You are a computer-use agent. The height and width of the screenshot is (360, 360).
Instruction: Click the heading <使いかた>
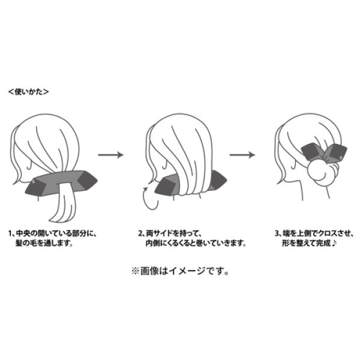(x=28, y=92)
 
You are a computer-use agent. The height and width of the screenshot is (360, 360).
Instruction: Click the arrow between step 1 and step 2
(x=110, y=155)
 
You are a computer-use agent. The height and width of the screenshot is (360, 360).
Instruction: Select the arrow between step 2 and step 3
(x=242, y=155)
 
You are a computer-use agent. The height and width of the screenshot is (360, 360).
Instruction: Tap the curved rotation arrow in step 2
(x=151, y=198)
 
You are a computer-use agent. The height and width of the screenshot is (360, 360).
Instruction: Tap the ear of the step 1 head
(x=29, y=164)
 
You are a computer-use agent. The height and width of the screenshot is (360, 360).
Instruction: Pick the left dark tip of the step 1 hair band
(x=33, y=187)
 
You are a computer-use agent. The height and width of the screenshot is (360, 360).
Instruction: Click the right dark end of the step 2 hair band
(x=218, y=180)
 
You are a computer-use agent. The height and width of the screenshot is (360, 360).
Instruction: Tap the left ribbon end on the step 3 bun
(x=310, y=151)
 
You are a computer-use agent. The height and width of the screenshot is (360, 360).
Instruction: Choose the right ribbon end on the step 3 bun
(x=337, y=152)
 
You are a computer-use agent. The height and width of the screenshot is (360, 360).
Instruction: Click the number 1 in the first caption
(x=10, y=234)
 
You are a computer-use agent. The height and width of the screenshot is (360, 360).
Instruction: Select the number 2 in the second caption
(x=140, y=234)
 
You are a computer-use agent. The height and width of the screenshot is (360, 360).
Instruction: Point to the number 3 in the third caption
(x=277, y=234)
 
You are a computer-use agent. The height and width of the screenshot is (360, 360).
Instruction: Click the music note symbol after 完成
(x=334, y=243)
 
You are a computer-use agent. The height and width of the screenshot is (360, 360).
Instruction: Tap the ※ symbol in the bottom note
(x=135, y=271)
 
